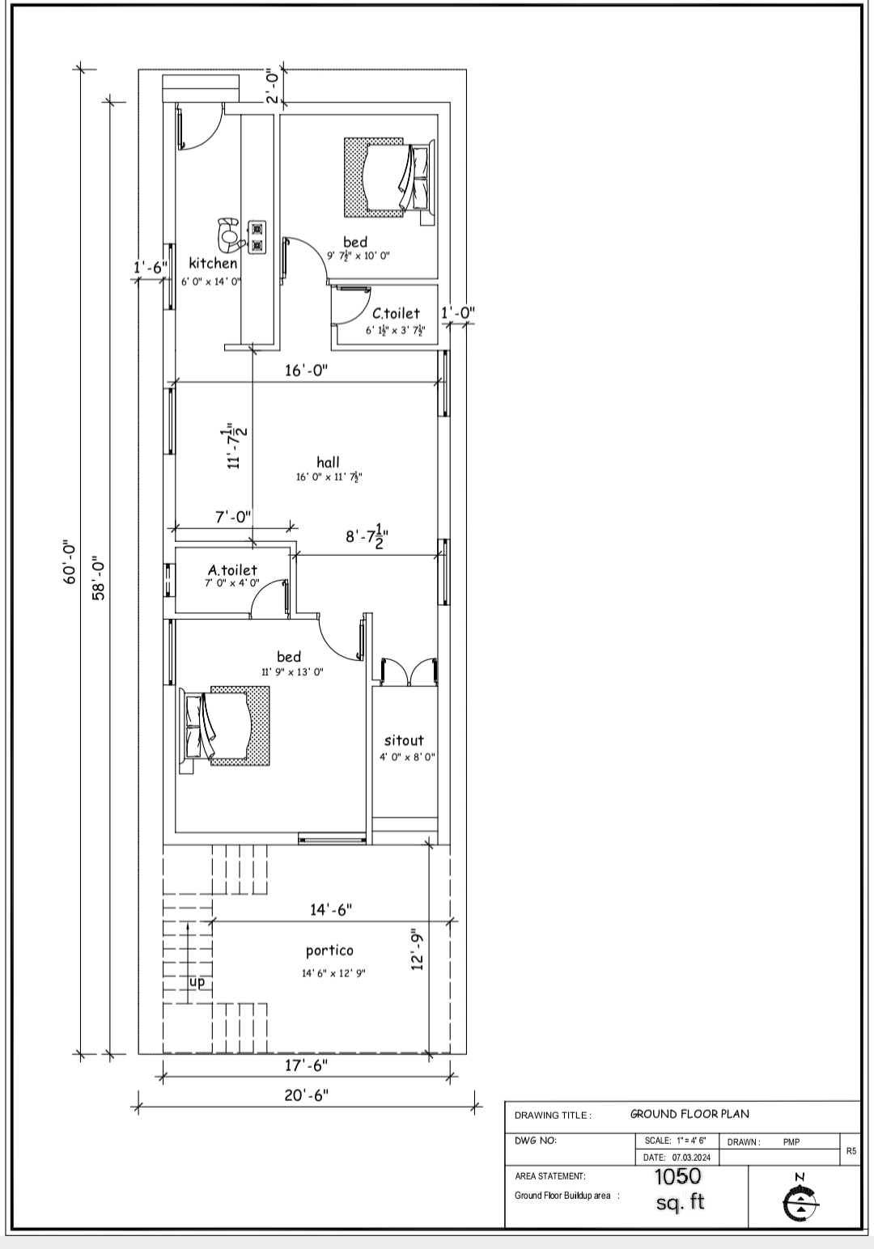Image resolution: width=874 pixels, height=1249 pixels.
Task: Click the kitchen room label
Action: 213,263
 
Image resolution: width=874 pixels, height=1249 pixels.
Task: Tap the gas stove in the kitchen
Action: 257,237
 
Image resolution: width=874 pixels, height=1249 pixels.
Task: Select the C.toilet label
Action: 396,313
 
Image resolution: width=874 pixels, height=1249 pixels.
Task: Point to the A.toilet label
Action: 232,569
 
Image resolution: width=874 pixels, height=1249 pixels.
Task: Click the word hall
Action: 328,462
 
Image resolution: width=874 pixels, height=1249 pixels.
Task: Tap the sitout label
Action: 404,740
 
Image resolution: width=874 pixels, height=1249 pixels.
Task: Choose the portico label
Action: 329,951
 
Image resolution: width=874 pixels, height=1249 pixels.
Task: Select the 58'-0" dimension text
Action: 100,578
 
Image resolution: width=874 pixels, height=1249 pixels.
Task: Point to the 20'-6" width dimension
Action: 306,1095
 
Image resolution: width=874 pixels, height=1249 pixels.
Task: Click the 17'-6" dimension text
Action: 306,1065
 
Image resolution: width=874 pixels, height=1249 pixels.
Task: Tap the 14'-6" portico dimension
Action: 331,910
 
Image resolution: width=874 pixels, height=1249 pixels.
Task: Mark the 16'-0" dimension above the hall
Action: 306,370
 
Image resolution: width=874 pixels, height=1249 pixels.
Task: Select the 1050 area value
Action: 677,1176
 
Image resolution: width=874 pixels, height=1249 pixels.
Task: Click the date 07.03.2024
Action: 691,1158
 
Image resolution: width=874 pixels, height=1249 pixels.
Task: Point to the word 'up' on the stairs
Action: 197,997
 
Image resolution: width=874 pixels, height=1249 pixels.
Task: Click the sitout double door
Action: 409,671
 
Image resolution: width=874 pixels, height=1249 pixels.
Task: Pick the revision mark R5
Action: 851,1150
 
